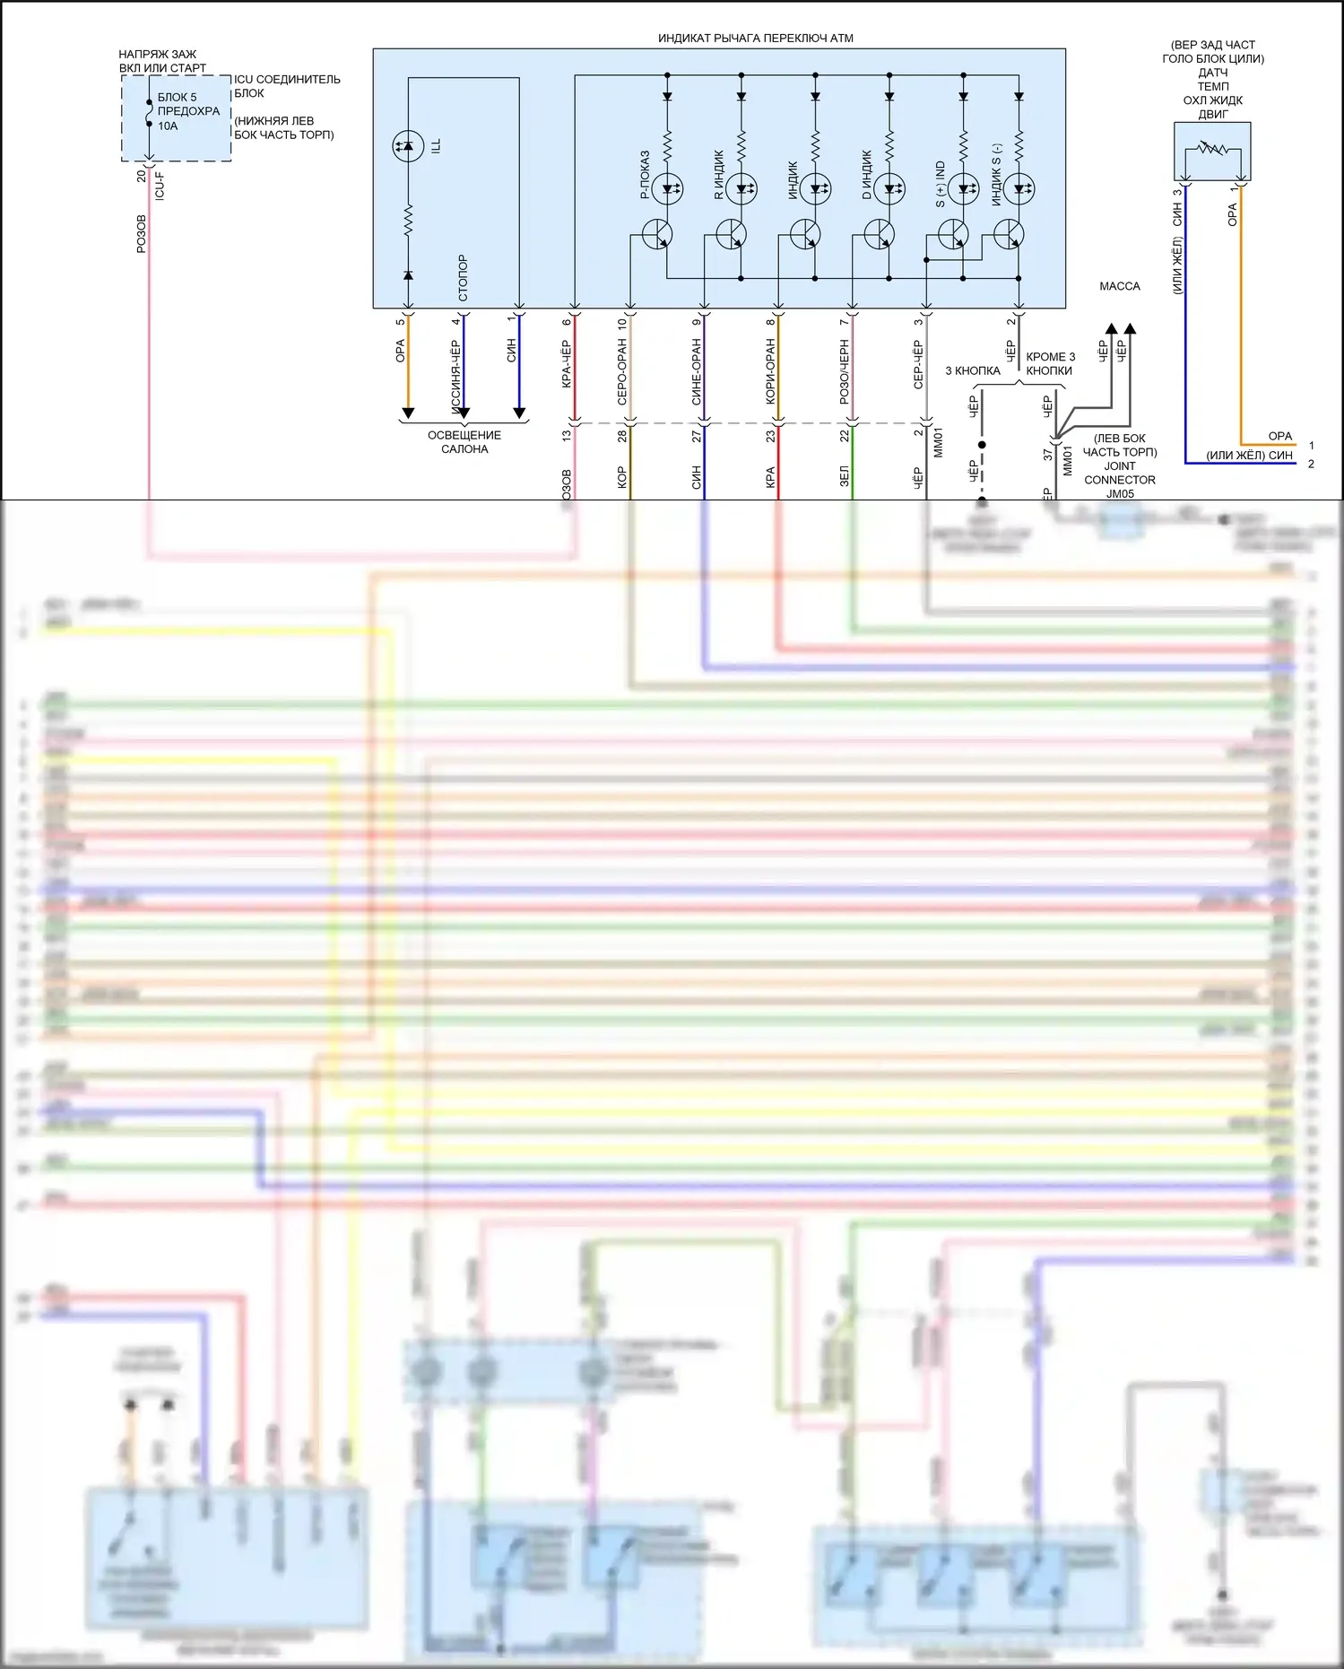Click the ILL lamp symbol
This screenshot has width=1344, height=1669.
(408, 146)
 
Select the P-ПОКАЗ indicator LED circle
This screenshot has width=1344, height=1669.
(667, 188)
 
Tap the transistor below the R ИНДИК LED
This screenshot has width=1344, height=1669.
(732, 236)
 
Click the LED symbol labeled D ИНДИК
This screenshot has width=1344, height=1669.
(889, 188)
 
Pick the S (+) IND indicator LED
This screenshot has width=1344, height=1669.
(963, 188)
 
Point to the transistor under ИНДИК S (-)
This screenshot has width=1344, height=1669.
(1010, 236)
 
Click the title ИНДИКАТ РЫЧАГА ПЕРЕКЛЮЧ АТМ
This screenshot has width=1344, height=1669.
(755, 39)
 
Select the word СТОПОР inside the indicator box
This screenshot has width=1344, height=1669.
(463, 277)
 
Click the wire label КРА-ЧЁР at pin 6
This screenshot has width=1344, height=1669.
(567, 364)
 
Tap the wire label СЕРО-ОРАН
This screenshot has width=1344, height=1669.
(622, 371)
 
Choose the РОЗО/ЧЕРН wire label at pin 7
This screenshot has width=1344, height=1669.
(845, 371)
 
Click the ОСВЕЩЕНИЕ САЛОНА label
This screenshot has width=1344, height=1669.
(464, 442)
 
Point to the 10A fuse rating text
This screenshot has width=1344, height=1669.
(168, 126)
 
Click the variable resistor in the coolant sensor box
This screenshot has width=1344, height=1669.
(1212, 149)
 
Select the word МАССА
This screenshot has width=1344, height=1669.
(1119, 286)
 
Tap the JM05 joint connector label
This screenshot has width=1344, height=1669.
(1119, 493)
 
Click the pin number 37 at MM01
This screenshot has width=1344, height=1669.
(1048, 455)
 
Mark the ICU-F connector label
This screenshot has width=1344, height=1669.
(160, 187)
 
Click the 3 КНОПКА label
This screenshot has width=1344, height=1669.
(972, 370)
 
